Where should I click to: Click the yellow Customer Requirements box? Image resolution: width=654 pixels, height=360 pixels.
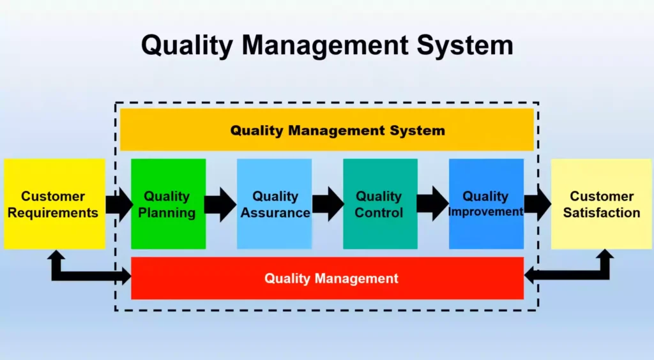tap(55, 204)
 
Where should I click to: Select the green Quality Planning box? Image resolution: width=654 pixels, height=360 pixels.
tap(169, 204)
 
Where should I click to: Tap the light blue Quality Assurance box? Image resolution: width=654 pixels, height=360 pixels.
tap(275, 204)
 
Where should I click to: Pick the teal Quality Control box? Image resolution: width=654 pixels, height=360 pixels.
tap(381, 204)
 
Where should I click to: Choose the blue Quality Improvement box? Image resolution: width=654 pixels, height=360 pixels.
tap(486, 204)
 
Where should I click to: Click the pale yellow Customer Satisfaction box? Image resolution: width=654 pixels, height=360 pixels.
tap(601, 204)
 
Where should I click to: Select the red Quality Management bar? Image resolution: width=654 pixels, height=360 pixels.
tap(328, 278)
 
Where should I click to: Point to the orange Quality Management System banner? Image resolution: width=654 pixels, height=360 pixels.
tap(327, 130)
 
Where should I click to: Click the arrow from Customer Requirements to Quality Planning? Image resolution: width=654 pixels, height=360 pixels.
tap(119, 205)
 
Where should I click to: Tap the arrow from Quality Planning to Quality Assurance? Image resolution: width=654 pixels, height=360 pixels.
tap(220, 205)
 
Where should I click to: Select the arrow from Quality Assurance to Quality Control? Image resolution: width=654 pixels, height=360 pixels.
tap(328, 204)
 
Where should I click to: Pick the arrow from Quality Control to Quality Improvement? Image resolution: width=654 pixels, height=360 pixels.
tap(432, 204)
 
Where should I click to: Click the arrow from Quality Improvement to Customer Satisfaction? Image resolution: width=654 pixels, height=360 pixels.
tap(538, 204)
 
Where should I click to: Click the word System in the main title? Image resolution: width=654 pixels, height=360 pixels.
tap(465, 45)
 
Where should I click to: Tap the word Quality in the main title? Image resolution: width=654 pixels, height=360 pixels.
tap(187, 45)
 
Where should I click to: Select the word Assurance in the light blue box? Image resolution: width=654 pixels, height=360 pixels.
tap(275, 213)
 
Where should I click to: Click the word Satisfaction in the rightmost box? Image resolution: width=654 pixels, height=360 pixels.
tap(602, 213)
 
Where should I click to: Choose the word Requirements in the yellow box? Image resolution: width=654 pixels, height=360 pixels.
tap(53, 213)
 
